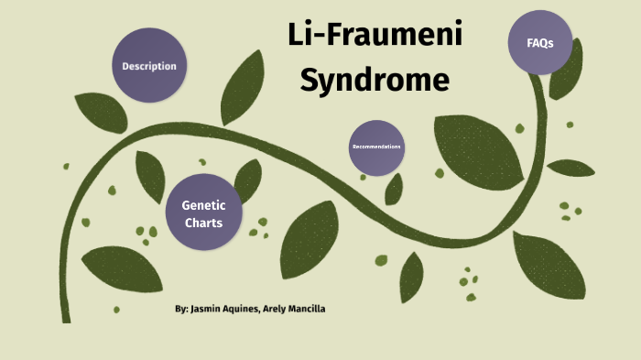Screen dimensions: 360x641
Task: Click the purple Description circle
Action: pos(149,66)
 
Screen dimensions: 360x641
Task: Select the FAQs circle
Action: pos(540,42)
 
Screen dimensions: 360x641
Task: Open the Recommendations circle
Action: pos(376,147)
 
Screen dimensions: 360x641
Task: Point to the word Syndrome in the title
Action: pos(375,81)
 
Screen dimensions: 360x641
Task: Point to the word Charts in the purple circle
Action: pos(202,222)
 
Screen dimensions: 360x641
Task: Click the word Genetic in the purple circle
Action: pos(202,205)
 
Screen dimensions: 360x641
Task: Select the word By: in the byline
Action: pos(181,309)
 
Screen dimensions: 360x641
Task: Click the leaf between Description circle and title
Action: pos(243,87)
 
